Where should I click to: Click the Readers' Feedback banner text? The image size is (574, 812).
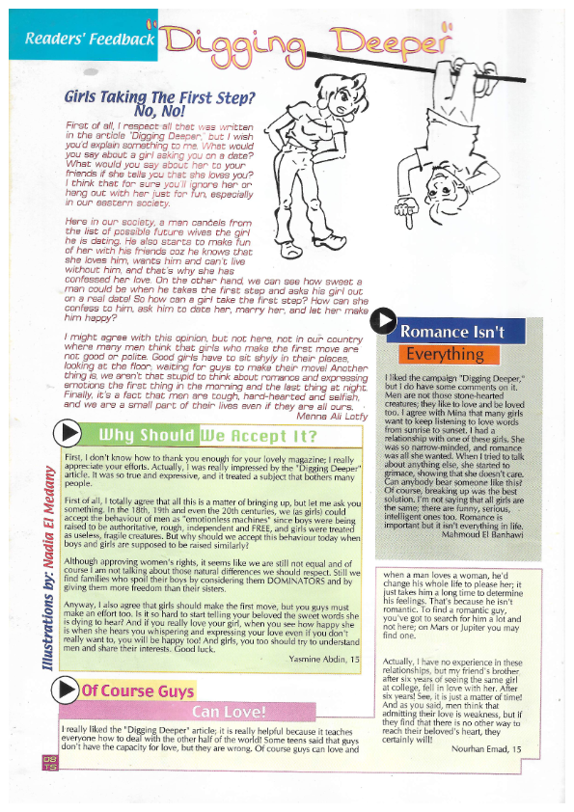pos(90,40)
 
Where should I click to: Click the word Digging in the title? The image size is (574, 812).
pos(232,41)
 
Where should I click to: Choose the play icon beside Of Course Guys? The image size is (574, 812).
pos(67,690)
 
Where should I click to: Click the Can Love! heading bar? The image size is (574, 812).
pos(214,712)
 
